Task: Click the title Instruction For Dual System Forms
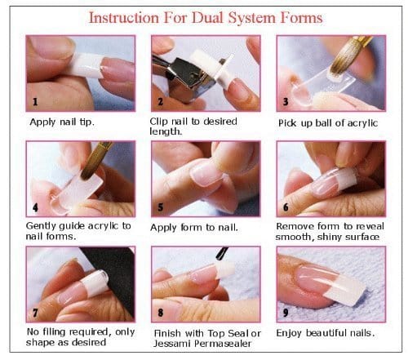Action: click(x=204, y=16)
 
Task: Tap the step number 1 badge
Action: click(x=33, y=103)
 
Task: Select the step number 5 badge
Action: click(x=159, y=208)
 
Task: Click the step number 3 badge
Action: click(x=285, y=103)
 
